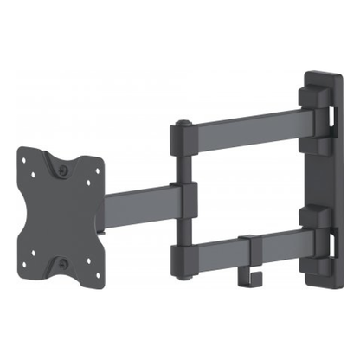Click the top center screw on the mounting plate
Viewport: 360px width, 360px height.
[x=67, y=170]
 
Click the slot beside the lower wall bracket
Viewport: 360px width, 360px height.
[x=333, y=232]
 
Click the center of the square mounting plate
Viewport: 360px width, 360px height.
[x=62, y=216]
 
